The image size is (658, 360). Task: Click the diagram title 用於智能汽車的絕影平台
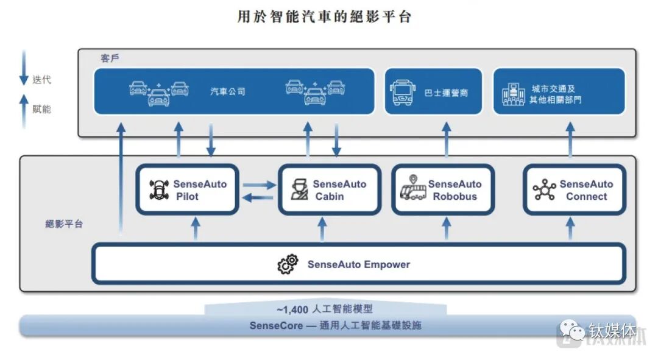point(324,17)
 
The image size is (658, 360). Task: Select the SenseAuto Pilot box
point(187,189)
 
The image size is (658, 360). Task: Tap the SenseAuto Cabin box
point(330,189)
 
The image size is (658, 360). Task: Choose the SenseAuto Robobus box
point(442,189)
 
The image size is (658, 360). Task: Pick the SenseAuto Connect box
point(575,189)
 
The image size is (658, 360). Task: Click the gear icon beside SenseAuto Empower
point(288,265)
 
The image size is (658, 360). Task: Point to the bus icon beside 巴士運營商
point(402,92)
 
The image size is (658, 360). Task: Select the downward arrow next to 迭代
point(24,68)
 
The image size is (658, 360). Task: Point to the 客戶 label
point(110,58)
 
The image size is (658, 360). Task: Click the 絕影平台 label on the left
point(64,224)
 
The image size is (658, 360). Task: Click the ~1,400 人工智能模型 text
point(324,309)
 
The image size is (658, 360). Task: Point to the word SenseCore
point(275,325)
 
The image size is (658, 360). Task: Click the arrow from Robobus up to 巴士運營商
point(447,138)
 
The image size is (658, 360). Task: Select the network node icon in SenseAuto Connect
point(543,189)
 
